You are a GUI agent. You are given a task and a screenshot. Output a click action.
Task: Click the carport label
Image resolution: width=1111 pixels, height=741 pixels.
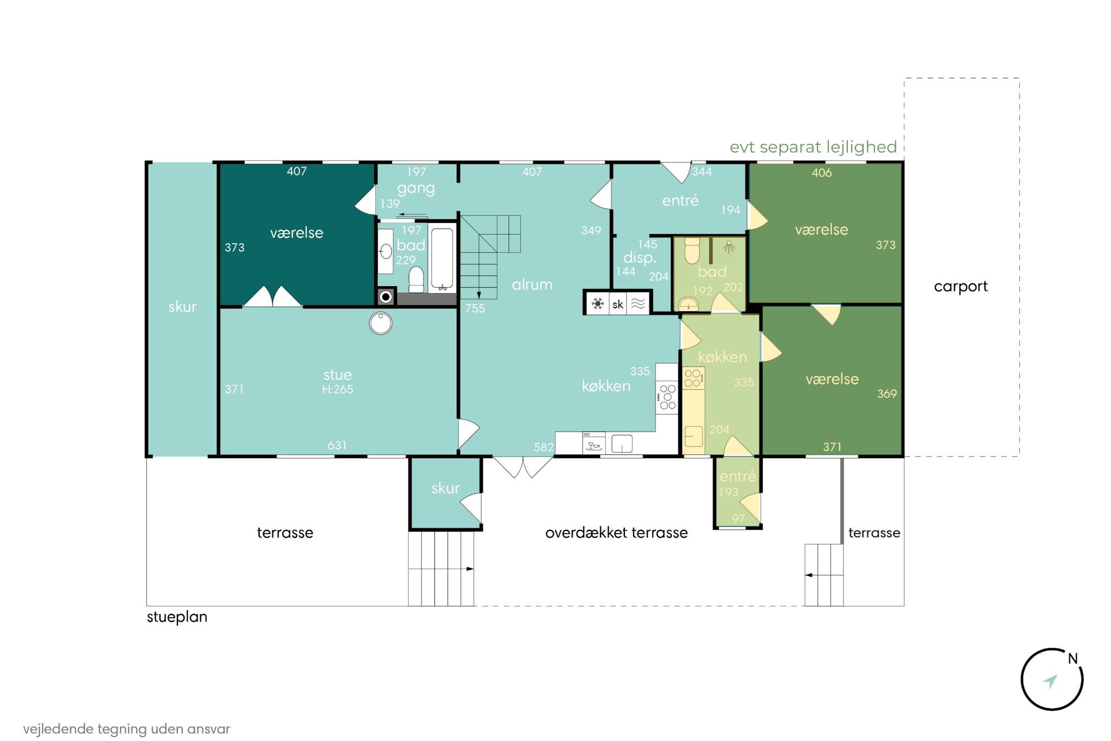click(961, 287)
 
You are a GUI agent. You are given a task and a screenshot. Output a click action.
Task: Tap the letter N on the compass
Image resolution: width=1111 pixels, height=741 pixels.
click(1072, 658)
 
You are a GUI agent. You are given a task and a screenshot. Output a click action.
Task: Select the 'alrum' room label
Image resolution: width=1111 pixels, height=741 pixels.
click(532, 284)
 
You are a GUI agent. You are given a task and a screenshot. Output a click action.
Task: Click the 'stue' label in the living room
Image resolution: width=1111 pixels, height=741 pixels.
click(337, 375)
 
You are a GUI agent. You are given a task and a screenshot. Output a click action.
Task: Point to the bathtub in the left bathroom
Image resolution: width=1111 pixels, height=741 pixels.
click(443, 259)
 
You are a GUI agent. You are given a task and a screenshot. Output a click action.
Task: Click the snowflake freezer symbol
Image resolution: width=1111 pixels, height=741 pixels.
click(598, 303)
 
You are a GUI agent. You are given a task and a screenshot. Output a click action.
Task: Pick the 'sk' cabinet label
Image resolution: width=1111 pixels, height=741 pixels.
click(618, 305)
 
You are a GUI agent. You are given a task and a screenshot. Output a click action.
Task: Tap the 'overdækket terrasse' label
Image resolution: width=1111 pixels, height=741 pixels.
click(616, 533)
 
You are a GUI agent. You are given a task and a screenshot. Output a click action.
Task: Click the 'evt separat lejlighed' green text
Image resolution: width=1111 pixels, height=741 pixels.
click(813, 147)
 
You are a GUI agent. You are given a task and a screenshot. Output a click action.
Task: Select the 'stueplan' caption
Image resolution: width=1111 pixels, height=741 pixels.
click(177, 617)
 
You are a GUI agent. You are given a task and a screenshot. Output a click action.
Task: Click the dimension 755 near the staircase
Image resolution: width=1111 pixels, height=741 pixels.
click(475, 308)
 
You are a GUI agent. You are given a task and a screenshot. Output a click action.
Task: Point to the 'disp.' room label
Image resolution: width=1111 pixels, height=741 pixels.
click(640, 258)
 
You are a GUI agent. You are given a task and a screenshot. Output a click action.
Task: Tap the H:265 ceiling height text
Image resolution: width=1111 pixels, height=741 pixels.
click(337, 389)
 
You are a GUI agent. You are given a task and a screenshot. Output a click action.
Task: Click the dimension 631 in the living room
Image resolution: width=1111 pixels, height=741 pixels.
click(337, 445)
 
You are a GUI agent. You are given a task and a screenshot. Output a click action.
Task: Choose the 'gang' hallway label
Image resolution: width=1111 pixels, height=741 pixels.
click(416, 189)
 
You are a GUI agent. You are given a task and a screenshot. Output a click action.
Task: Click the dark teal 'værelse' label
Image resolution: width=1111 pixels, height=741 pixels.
click(297, 233)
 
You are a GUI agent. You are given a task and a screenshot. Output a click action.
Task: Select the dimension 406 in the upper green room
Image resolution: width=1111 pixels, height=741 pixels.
click(822, 173)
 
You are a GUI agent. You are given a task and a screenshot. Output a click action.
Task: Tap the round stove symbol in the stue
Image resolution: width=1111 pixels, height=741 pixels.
click(381, 324)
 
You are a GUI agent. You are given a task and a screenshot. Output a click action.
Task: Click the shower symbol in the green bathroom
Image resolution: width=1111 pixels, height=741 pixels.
click(729, 247)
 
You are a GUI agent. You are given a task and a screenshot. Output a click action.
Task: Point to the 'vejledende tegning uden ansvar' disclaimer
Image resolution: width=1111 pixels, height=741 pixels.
click(126, 729)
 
